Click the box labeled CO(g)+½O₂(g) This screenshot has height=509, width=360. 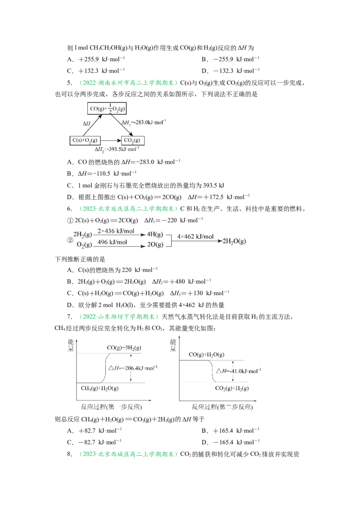[107, 108]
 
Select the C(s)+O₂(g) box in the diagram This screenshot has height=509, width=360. [85, 140]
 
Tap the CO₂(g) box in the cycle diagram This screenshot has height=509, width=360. [133, 140]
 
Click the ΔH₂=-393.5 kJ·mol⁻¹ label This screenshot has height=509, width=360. [117, 149]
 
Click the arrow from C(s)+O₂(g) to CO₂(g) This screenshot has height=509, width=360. [110, 141]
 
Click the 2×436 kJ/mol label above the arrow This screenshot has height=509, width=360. [116, 231]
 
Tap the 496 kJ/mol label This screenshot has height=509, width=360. [112, 242]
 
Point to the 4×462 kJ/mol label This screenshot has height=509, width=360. [195, 237]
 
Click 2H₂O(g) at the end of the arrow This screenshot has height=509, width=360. [234, 241]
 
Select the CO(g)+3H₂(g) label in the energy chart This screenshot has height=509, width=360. [124, 348]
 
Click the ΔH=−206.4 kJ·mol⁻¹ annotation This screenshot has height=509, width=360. [133, 368]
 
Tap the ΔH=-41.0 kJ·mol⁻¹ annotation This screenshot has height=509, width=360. [238, 371]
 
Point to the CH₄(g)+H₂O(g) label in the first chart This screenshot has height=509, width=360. [100, 388]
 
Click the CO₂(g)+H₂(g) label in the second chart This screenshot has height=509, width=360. [232, 388]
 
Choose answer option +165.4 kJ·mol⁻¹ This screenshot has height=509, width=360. [236, 431]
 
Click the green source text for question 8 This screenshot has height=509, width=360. [129, 454]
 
